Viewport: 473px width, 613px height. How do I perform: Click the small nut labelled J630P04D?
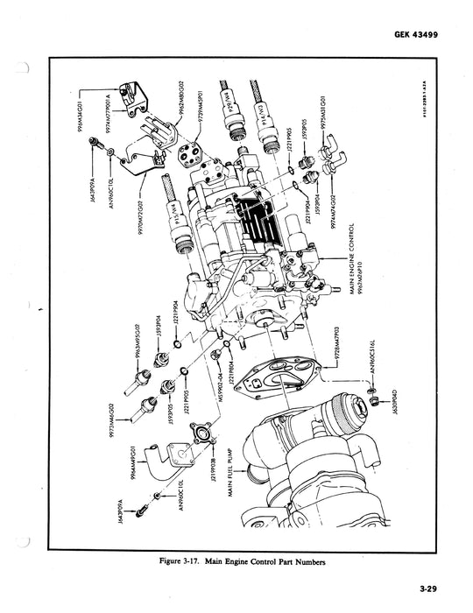(x=372, y=401)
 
